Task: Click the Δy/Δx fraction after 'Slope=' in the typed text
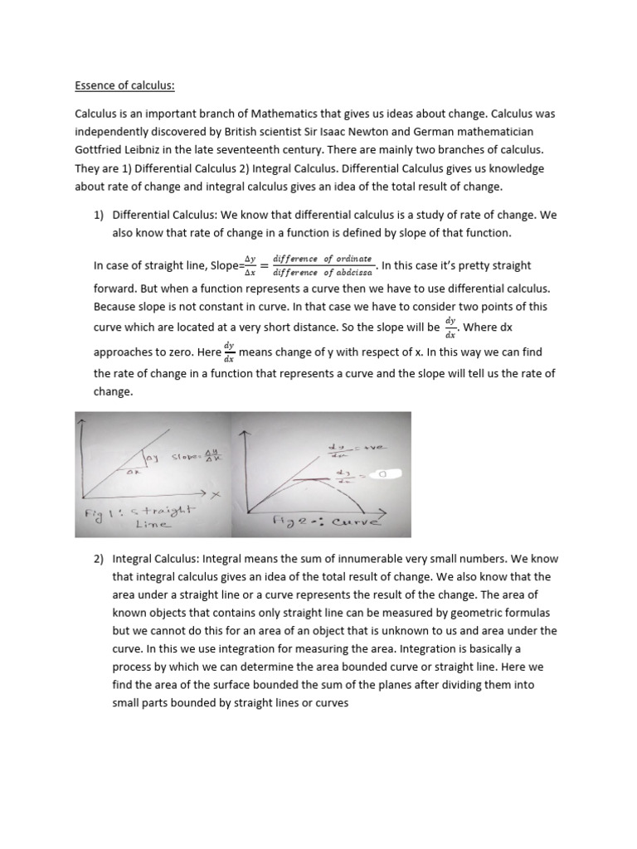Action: pyautogui.click(x=245, y=265)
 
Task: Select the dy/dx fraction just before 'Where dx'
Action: pyautogui.click(x=450, y=327)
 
